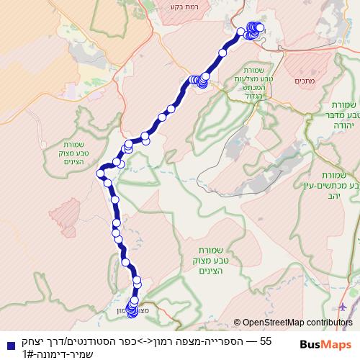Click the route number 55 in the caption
point(266,341)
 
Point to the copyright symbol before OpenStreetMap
point(237,323)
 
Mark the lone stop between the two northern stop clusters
point(222,53)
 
